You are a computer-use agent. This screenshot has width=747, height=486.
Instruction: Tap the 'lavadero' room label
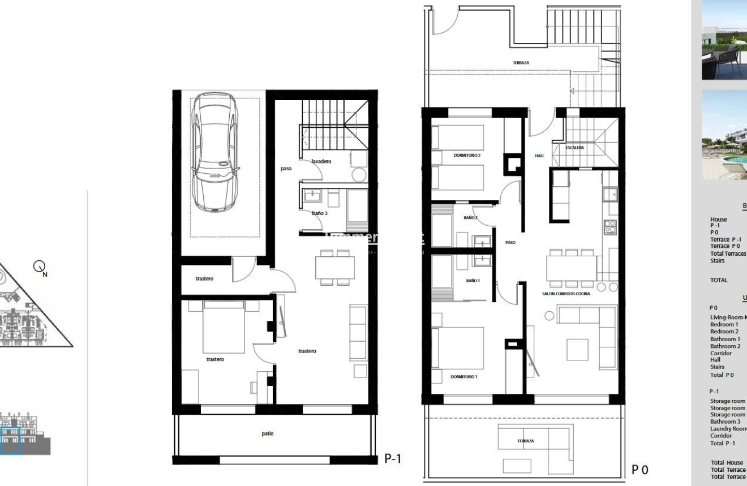point(321,161)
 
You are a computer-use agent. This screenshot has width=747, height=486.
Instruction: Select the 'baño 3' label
point(319,213)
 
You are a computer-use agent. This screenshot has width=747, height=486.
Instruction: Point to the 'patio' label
point(268,433)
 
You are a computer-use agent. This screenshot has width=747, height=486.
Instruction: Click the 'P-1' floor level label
point(393,458)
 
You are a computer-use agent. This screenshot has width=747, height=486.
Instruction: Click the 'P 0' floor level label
point(639,470)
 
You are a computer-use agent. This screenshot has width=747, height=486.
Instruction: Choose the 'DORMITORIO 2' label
point(467,155)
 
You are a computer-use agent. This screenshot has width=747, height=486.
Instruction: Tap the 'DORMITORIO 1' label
point(464,376)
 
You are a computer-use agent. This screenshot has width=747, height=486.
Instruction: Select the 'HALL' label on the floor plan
point(539,155)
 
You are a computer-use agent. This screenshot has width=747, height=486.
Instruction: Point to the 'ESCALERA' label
point(574,148)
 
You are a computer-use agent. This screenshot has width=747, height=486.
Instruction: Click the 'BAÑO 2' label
point(471,217)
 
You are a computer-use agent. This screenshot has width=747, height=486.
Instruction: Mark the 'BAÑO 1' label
point(473,281)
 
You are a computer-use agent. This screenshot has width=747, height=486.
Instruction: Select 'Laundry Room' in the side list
point(728,429)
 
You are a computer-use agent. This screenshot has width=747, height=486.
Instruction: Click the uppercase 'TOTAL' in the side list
point(719,280)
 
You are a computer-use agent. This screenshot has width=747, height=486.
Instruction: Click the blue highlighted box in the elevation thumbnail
point(11,441)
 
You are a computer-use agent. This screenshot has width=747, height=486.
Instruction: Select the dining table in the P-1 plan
point(335,267)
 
